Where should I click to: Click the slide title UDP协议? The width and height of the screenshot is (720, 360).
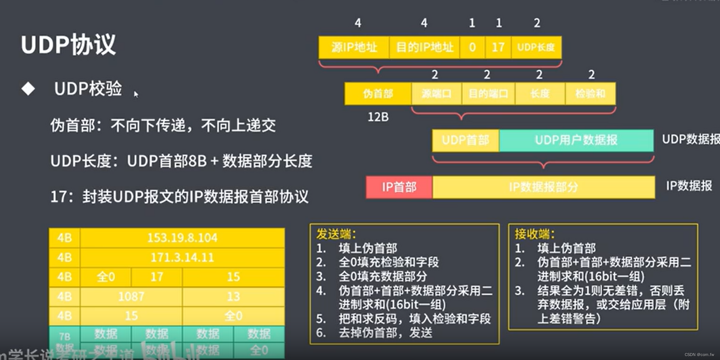[68, 45]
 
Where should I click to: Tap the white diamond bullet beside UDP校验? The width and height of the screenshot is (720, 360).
[28, 89]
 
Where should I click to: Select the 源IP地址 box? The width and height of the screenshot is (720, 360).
[354, 47]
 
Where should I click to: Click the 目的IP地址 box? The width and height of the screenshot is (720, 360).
[425, 47]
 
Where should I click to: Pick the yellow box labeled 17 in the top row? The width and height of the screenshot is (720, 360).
[498, 47]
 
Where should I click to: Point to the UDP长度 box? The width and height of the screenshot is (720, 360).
[536, 47]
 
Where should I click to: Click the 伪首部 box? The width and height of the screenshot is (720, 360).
[378, 94]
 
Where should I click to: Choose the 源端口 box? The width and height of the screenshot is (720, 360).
[436, 94]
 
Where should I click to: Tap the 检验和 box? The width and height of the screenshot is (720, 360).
[590, 94]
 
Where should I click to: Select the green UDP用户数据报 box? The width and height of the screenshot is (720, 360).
[576, 140]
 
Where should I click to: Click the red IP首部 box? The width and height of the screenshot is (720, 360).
[399, 187]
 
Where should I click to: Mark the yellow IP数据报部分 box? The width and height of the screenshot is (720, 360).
[543, 187]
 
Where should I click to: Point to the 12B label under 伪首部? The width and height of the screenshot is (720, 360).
[378, 117]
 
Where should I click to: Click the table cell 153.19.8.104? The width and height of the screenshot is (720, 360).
[182, 238]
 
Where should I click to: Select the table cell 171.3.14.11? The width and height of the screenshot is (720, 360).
[182, 257]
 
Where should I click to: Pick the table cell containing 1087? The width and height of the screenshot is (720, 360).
[131, 296]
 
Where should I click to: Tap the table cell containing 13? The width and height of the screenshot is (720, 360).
[233, 296]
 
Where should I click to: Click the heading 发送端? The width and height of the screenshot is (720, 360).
[336, 234]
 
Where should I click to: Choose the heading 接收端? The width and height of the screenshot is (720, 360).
[534, 234]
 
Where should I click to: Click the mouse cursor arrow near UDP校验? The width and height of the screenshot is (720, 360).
[136, 94]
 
